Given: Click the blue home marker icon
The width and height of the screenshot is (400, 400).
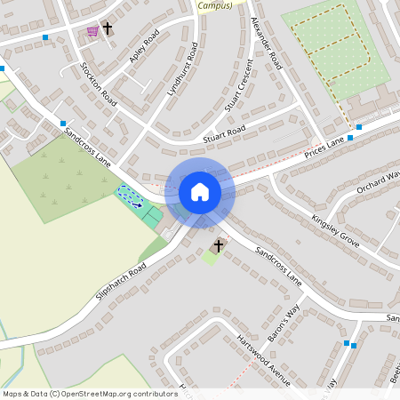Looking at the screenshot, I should pyautogui.click(x=200, y=191).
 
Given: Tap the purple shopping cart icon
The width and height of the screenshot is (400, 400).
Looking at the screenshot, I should pyautogui.click(x=92, y=31).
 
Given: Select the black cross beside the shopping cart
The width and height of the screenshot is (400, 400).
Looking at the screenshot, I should pyautogui.click(x=108, y=28).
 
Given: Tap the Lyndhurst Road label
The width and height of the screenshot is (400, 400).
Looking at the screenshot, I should pyautogui.click(x=181, y=68).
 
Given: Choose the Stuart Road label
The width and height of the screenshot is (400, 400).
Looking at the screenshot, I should pyautogui.click(x=223, y=133).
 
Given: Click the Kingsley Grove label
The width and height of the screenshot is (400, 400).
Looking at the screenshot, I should pyautogui.click(x=335, y=229).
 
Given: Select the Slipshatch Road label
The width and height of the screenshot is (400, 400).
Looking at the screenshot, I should pyautogui.click(x=124, y=282).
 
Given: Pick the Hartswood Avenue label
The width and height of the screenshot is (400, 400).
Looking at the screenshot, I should pyautogui.click(x=263, y=361).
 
